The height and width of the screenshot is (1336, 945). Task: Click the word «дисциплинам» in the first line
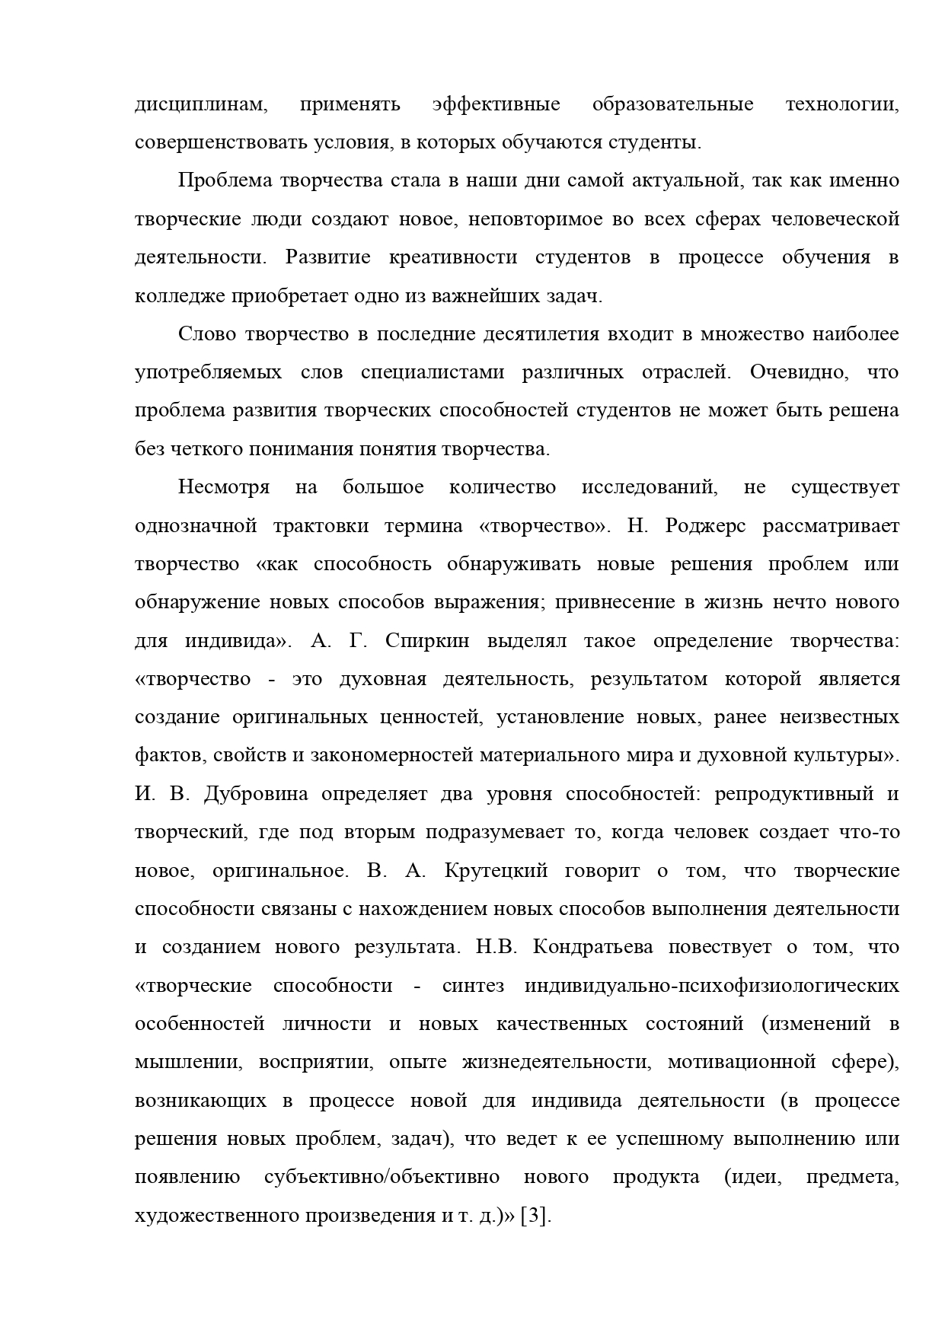(201, 104)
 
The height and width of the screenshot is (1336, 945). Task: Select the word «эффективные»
(496, 104)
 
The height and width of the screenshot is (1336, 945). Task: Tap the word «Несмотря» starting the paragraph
(224, 487)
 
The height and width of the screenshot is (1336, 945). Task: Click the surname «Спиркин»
(420, 641)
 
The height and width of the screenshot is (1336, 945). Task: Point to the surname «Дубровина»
(256, 794)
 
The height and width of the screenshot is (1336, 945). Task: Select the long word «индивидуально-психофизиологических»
(711, 986)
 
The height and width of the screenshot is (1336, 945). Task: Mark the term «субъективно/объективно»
(382, 1177)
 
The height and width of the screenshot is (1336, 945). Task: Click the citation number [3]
(535, 1216)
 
